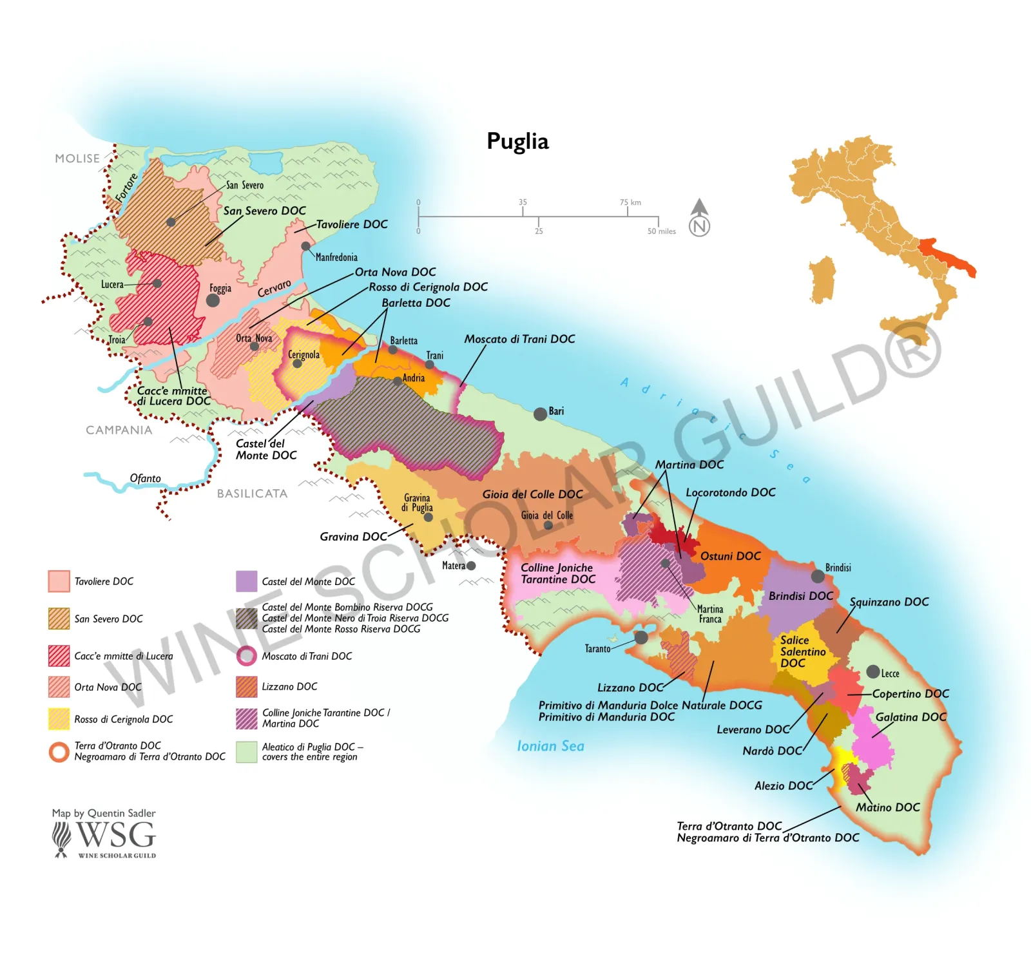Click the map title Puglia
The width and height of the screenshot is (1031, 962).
coord(517,141)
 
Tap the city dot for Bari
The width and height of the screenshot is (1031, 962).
coord(540,414)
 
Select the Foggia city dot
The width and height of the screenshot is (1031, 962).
coord(213,300)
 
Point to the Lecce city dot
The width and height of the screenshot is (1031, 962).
coord(872,672)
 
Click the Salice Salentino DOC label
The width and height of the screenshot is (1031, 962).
coord(802,651)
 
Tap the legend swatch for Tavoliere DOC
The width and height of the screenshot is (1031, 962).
coord(59,581)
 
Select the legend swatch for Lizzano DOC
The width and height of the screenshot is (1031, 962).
coord(247,687)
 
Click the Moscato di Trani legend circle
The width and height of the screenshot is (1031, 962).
coord(247,656)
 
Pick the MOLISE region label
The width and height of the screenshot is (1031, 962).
coord(77,159)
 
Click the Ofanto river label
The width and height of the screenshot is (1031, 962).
coord(145,478)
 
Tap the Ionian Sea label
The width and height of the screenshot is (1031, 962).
coord(550,746)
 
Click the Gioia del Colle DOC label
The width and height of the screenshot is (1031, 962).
coord(532,494)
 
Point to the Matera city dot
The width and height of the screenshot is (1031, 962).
coord(471,566)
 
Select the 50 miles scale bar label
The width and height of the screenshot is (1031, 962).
coord(662,231)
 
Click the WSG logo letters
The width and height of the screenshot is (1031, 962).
coord(116,836)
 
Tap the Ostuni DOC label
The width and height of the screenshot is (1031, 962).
coord(730,556)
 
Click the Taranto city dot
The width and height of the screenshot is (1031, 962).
coord(641,637)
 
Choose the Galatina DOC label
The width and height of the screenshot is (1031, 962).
coord(911,717)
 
